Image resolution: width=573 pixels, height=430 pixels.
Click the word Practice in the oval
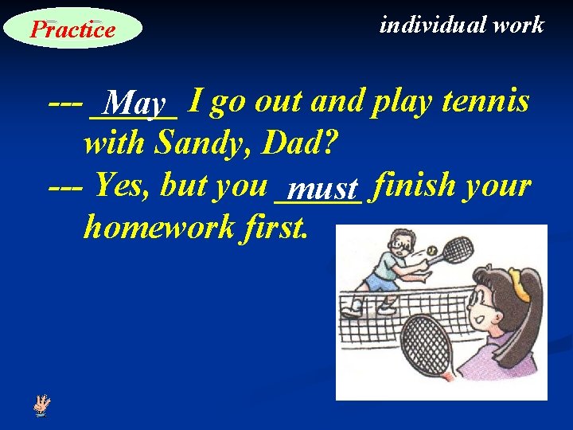pyautogui.click(x=72, y=29)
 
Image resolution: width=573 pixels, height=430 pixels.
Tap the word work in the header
pyautogui.click(x=518, y=25)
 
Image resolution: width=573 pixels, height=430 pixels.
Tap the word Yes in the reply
pyautogui.click(x=123, y=186)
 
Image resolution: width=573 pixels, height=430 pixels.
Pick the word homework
pyautogui.click(x=158, y=228)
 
